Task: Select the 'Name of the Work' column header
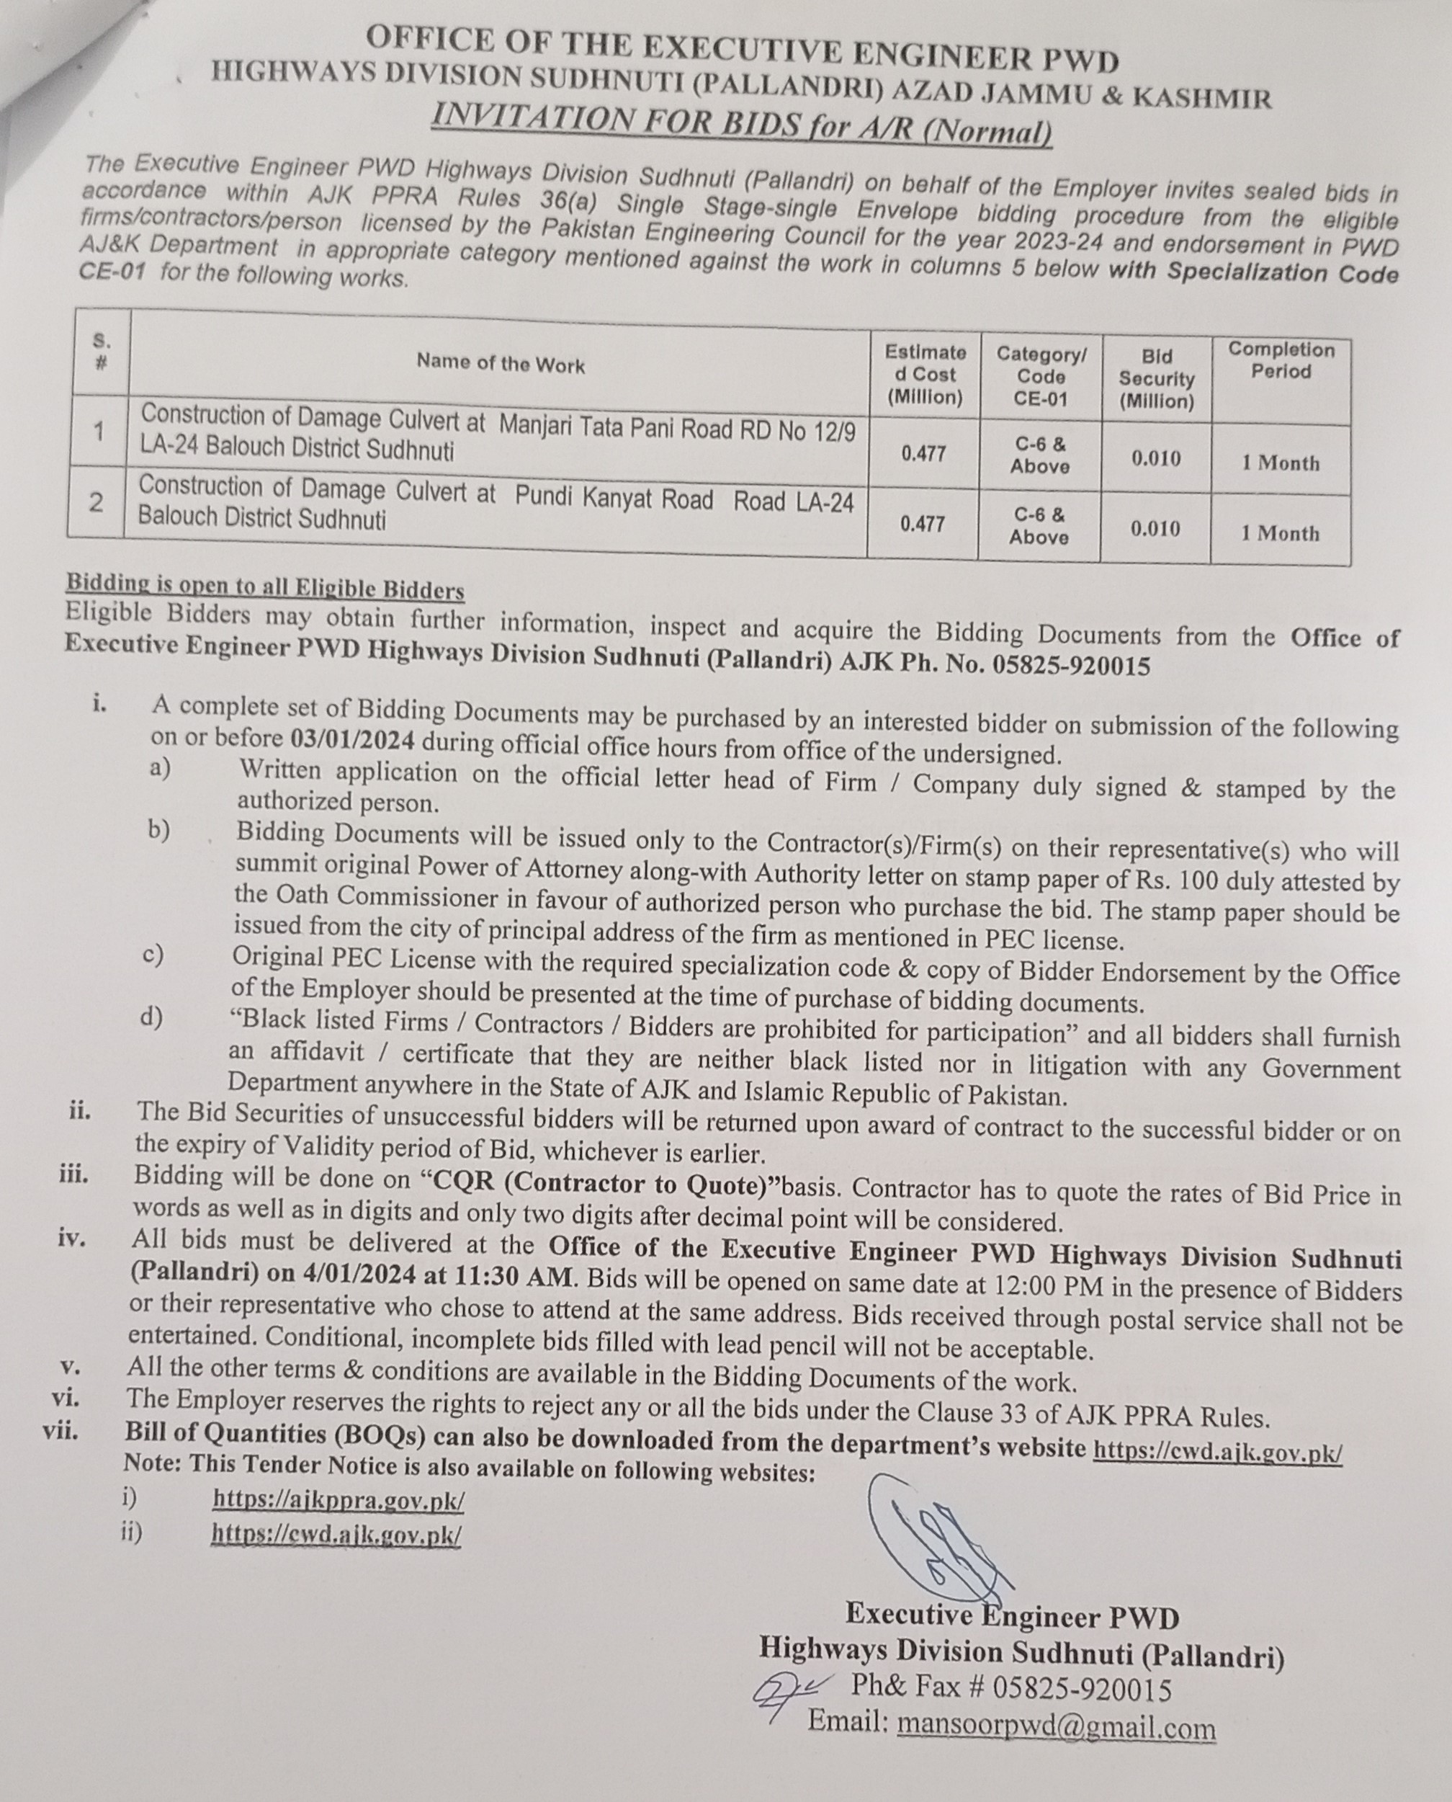tap(500, 363)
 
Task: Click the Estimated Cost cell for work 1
tap(923, 454)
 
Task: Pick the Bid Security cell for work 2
tap(1155, 529)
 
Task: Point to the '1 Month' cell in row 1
tap(1280, 463)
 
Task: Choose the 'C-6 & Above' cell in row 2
tap(1039, 525)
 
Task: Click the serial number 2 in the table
tap(97, 502)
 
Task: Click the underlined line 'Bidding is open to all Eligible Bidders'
tap(265, 586)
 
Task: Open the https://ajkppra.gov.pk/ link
tap(338, 1500)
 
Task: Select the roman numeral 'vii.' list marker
tap(61, 1429)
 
